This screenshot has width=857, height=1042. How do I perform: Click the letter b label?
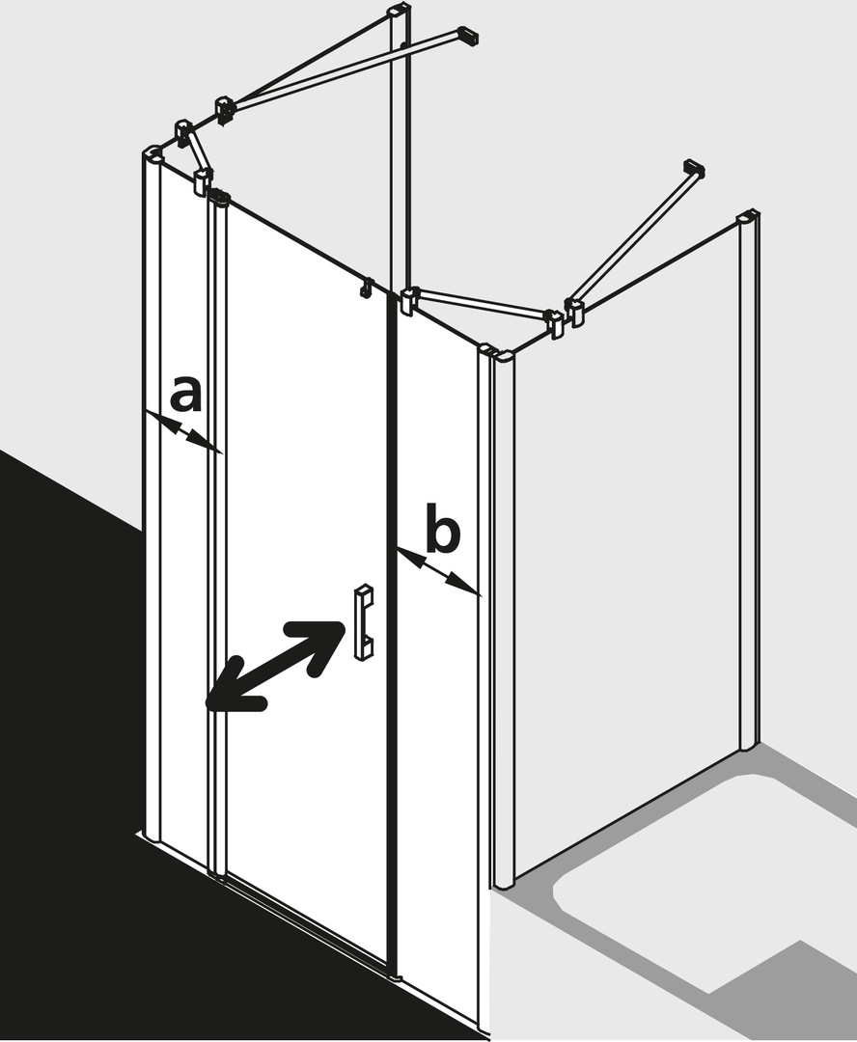tap(442, 529)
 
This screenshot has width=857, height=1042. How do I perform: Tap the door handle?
tap(364, 622)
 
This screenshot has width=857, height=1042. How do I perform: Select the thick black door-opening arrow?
tap(275, 666)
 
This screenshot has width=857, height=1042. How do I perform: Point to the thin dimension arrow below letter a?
tap(182, 431)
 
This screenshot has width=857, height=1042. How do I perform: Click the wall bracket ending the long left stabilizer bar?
tap(470, 36)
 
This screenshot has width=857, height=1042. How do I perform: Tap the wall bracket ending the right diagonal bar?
tap(694, 169)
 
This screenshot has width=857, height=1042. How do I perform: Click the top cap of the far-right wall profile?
tap(748, 217)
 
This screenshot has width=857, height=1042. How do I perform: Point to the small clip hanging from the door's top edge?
tap(365, 286)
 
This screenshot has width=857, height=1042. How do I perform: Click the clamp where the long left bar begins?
tap(224, 110)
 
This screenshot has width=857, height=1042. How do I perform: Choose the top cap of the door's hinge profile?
tap(219, 196)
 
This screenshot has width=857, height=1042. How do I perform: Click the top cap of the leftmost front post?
tap(153, 152)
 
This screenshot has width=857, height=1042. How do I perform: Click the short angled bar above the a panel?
tap(198, 151)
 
